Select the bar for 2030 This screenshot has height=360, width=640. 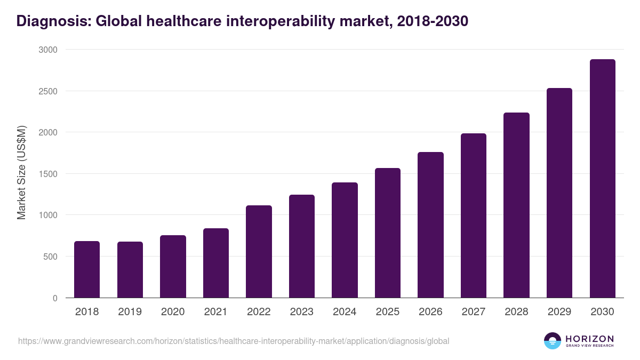click(x=602, y=179)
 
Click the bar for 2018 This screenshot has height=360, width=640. click(x=87, y=269)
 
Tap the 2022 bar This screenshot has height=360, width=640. click(x=259, y=252)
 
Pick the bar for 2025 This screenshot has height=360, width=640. click(x=388, y=233)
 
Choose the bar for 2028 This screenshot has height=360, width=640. click(x=516, y=205)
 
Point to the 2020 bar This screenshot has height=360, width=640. click(x=173, y=267)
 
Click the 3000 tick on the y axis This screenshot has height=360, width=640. click(x=47, y=50)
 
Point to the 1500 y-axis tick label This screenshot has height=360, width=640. click(x=47, y=174)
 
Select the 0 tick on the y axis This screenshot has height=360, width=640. click(x=55, y=298)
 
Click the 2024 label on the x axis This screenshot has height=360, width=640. click(x=345, y=312)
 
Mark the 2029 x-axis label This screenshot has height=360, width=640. click(x=559, y=312)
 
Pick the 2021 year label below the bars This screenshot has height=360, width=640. click(x=216, y=312)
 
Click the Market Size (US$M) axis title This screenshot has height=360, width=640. click(x=21, y=173)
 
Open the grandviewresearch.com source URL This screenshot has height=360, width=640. click(x=234, y=341)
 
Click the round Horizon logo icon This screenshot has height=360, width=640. click(x=553, y=341)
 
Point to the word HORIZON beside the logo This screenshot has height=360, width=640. click(x=589, y=339)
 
